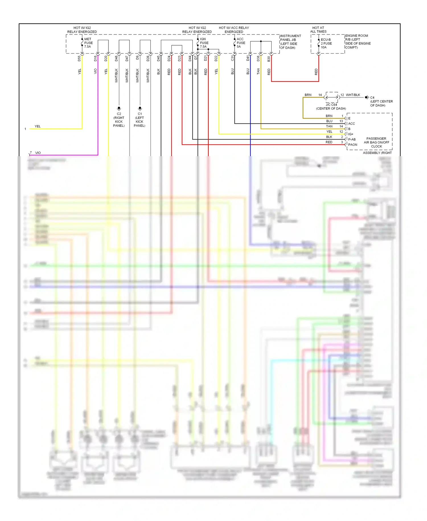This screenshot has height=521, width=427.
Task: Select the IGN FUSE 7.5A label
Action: tap(204, 43)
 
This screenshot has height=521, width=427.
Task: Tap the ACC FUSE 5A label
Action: tap(241, 43)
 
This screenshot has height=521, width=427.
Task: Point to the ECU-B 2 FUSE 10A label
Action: tap(326, 43)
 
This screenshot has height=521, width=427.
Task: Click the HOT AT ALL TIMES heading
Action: tap(318, 30)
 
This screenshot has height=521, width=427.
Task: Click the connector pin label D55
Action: tap(79, 58)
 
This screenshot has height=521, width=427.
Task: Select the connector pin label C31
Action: tap(232, 58)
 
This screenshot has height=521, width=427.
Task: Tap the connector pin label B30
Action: tap(269, 59)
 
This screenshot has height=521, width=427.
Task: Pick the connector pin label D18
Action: tap(95, 58)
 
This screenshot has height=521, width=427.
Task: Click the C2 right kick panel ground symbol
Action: tap(119, 108)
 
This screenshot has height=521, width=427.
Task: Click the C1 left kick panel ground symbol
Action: tap(140, 108)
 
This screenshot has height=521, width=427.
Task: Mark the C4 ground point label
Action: tap(372, 97)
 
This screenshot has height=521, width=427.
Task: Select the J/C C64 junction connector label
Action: tap(331, 105)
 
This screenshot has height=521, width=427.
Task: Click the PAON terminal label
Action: tap(352, 145)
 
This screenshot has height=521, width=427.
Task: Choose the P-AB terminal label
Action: tap(352, 139)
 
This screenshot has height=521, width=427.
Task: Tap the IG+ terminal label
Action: tap(350, 134)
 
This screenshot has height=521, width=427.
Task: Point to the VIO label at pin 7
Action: tap(38, 153)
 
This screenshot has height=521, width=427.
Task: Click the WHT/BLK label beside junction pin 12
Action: tap(353, 95)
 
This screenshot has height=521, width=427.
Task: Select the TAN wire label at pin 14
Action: tap(329, 126)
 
